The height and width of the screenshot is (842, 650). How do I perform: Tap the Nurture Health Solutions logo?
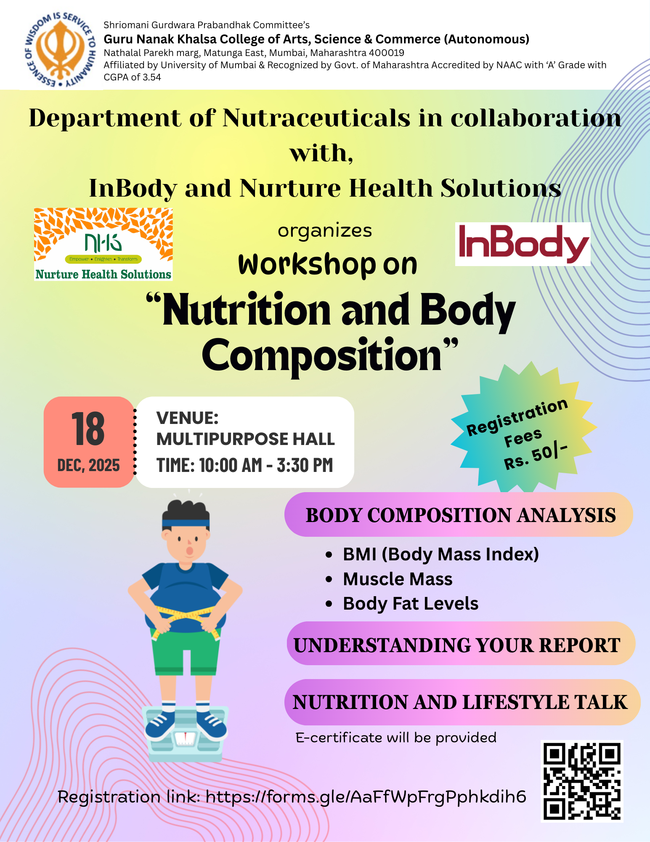click(103, 244)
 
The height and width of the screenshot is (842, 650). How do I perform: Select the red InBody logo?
click(523, 244)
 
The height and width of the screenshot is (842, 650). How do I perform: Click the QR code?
click(582, 781)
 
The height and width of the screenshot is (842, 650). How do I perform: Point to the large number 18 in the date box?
click(88, 429)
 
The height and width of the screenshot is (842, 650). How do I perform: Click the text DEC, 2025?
click(88, 465)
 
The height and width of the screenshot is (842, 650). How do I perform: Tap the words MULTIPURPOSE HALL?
click(246, 439)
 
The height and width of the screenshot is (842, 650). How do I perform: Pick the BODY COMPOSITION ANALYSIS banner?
click(459, 514)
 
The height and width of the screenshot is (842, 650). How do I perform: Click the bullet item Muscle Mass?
click(398, 579)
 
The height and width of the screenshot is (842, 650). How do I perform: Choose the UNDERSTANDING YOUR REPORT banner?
click(461, 644)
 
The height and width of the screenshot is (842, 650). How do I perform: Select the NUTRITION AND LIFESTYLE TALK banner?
click(462, 702)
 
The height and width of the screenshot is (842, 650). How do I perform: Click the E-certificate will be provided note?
click(396, 738)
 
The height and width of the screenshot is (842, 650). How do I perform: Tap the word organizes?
click(325, 231)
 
